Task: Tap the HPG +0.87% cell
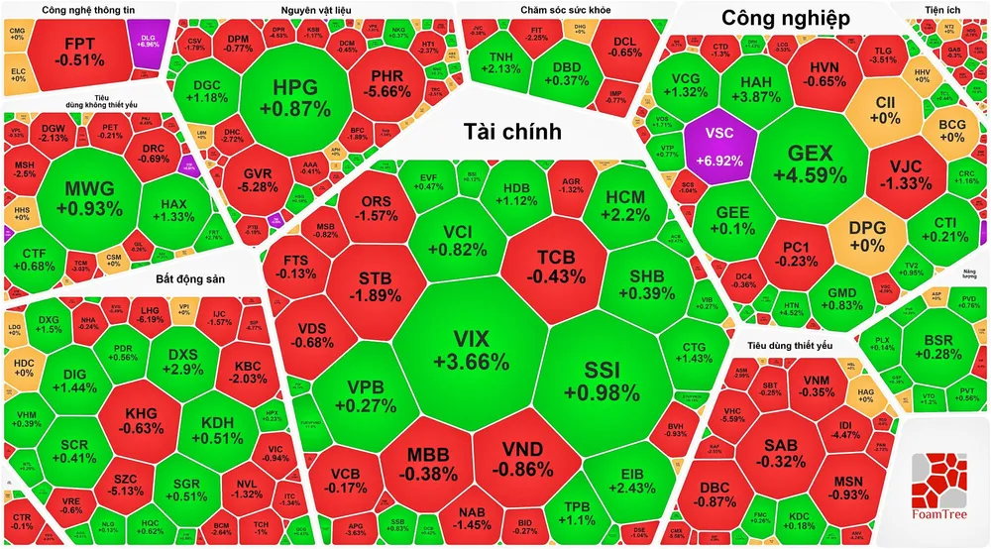[x=296, y=96]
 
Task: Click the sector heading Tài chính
[x=512, y=132]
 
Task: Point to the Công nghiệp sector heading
[x=784, y=17]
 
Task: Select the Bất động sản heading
[x=190, y=278]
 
